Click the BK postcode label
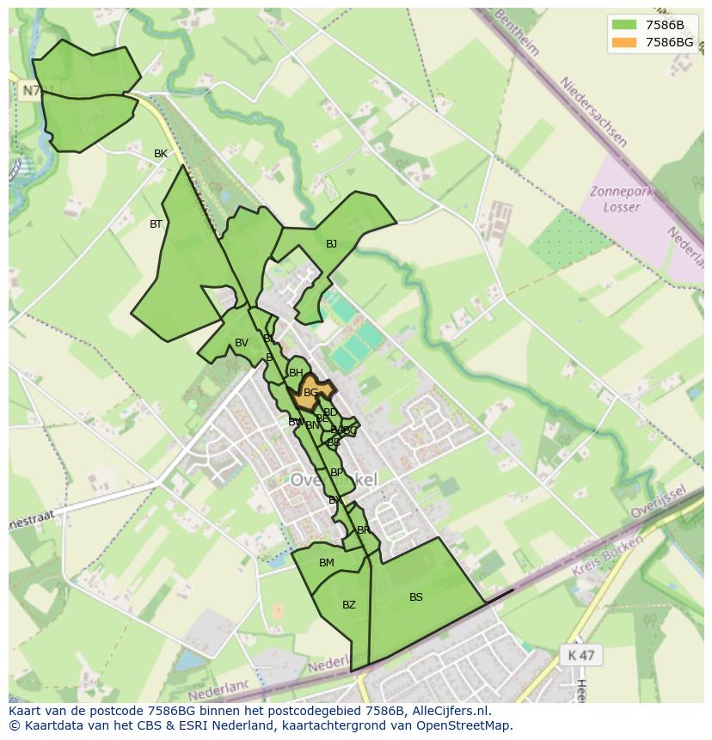pos(161,154)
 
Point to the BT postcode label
pos(156,224)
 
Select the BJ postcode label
pos(331,244)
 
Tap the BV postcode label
pos(242,343)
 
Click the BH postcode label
pos(296,373)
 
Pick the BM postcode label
pos(327,563)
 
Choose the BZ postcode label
pos(348,605)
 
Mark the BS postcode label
pos(416,597)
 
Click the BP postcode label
pos(336,473)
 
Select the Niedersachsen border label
pos(594,112)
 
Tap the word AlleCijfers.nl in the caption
pos(447,711)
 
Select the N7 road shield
pos(30,90)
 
